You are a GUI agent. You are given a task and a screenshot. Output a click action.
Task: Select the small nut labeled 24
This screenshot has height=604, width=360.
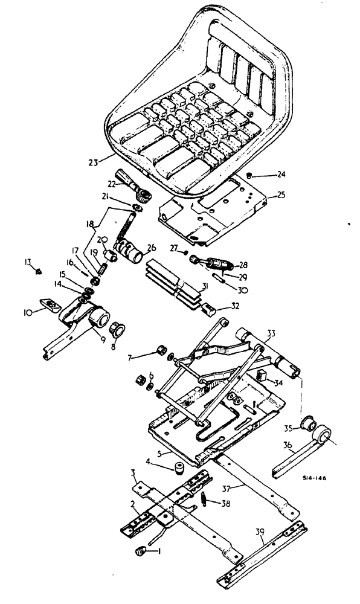[x=249, y=176]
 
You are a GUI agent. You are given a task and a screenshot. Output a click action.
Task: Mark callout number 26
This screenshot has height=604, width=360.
[x=151, y=246]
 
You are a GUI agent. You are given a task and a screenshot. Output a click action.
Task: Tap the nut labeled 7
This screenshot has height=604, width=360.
[x=161, y=350]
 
